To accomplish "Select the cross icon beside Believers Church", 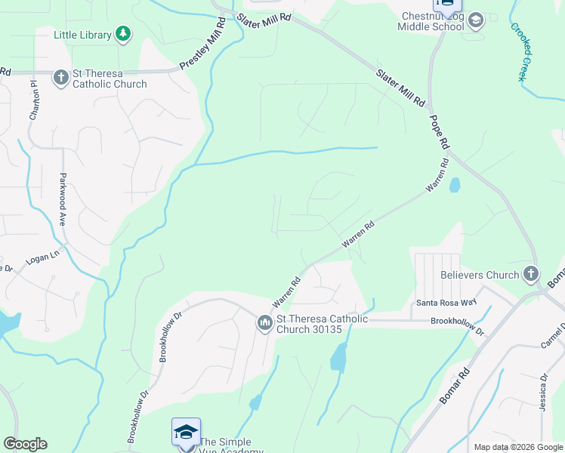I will click(531, 274).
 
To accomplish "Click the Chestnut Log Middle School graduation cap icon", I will click(475, 20).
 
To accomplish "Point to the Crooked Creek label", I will click(521, 52).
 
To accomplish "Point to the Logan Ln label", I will click(43, 257).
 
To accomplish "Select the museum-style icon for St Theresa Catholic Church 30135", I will click(264, 323).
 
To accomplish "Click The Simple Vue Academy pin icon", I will click(187, 433).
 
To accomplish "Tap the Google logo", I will click(25, 444).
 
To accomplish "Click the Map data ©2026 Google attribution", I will click(518, 447).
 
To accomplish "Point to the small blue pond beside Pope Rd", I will click(454, 185).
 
